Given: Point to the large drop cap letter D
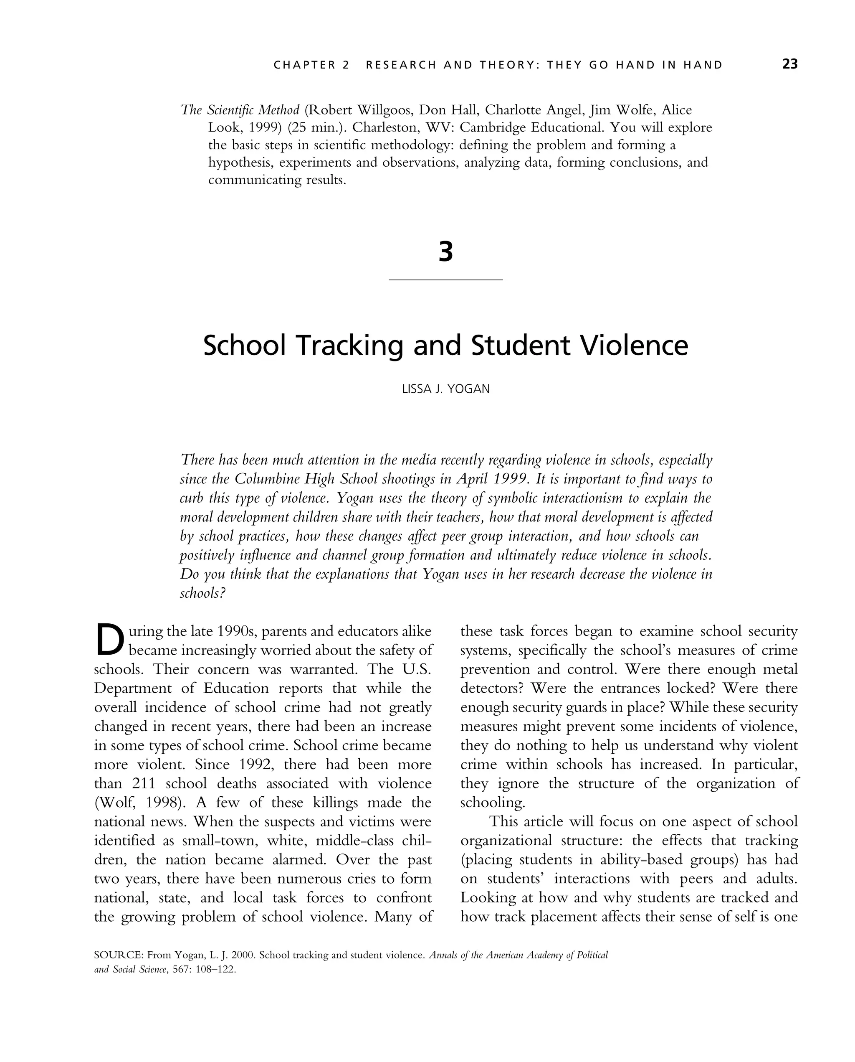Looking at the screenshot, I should (x=109, y=640).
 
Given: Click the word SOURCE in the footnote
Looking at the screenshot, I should (x=118, y=955).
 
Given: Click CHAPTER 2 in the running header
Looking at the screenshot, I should (x=311, y=65).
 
